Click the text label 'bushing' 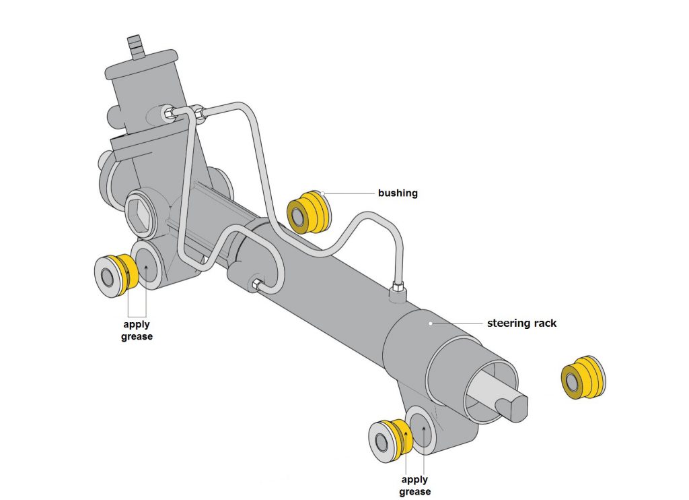[398, 193]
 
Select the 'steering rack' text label [521, 323]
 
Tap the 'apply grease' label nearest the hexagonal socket [137, 330]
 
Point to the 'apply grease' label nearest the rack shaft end [415, 485]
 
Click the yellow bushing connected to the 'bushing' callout [309, 211]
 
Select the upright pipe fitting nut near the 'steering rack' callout [398, 290]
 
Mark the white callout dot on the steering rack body [431, 324]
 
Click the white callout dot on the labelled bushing [323, 194]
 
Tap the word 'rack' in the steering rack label [544, 323]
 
